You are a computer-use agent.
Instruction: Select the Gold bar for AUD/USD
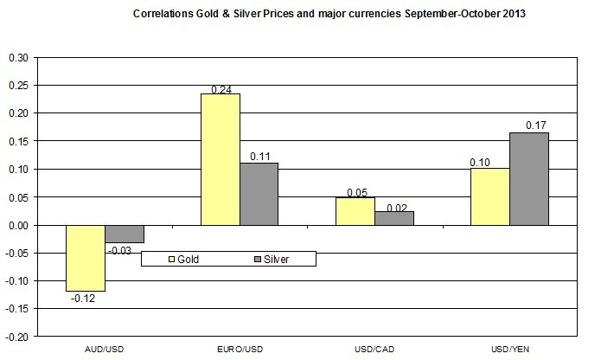click(x=86, y=258)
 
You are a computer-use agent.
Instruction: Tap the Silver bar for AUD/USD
click(x=125, y=234)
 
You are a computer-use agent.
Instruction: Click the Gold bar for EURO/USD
click(x=221, y=159)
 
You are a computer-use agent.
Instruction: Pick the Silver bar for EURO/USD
click(x=259, y=194)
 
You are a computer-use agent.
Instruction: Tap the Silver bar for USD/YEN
click(x=528, y=178)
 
